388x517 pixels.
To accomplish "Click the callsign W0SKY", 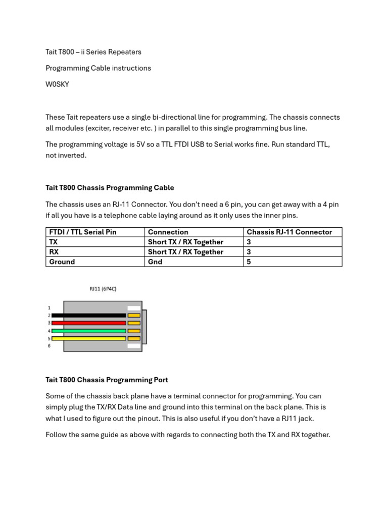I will tap(57, 84).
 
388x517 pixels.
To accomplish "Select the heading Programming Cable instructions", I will tap(98, 68).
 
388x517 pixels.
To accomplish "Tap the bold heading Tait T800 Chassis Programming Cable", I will tap(110, 188).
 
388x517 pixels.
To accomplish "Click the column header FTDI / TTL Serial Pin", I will tap(83, 232).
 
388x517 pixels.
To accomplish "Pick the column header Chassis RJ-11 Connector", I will tap(289, 232).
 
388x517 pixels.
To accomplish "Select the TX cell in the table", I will tap(53, 242).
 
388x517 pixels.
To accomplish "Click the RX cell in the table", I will tap(54, 252).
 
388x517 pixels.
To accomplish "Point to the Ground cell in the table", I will tap(62, 262).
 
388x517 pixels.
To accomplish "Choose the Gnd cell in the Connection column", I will tap(155, 262).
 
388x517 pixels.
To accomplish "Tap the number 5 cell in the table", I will tap(249, 262).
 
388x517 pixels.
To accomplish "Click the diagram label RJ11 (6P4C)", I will tap(103, 289).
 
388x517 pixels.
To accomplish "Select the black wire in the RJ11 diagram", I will tap(88, 315).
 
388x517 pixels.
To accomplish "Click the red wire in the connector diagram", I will tap(88, 323).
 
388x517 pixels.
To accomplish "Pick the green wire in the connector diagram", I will tap(88, 331).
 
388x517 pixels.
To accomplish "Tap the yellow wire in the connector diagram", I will tap(88, 338).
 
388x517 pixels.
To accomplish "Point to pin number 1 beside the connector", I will tap(49, 307).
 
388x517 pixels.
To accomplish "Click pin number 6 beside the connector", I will tap(49, 346).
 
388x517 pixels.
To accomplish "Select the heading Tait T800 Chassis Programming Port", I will tap(107, 380).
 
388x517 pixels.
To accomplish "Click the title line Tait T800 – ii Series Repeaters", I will tap(93, 52).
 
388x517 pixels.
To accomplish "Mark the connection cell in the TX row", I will tap(185, 242).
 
